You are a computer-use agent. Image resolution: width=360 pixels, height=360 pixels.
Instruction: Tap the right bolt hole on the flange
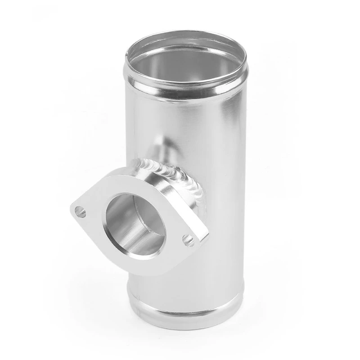[x=189, y=239]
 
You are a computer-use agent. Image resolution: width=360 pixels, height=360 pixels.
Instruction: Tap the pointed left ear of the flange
[x=75, y=209]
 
